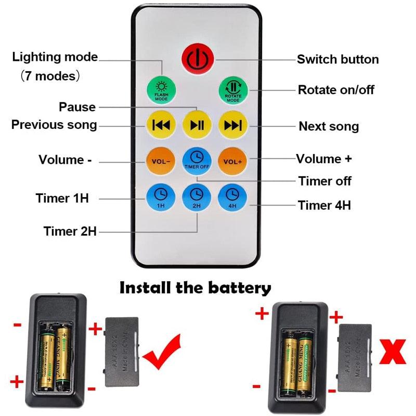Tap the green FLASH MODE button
click(161, 90)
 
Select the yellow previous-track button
click(161, 125)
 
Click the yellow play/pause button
click(197, 125)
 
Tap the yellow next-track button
click(233, 125)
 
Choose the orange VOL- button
click(161, 161)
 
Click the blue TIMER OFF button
click(197, 160)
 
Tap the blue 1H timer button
click(161, 197)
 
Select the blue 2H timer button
click(197, 197)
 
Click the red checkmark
click(162, 354)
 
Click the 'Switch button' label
click(337, 59)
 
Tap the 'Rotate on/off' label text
click(336, 90)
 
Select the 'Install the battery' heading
click(196, 288)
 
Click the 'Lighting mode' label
click(55, 57)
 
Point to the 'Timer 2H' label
click(70, 231)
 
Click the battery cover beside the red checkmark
click(122, 352)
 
